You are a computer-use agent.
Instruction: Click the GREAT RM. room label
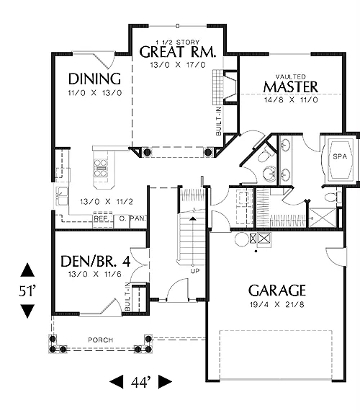pyautogui.click(x=178, y=52)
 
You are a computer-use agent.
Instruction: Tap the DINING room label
pyautogui.click(x=95, y=79)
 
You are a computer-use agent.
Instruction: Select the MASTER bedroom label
pyautogui.click(x=291, y=87)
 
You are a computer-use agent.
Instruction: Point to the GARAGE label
pyautogui.click(x=277, y=290)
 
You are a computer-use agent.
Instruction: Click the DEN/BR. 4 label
pyautogui.click(x=96, y=262)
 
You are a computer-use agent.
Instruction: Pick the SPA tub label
pyautogui.click(x=340, y=156)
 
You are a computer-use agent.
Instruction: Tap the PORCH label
pyautogui.click(x=101, y=340)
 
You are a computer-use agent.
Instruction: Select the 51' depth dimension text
pyautogui.click(x=27, y=291)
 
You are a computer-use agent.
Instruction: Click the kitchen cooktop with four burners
pyautogui.click(x=101, y=168)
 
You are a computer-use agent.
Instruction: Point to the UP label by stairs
pyautogui.click(x=195, y=271)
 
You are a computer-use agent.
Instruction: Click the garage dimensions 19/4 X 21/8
pyautogui.click(x=277, y=305)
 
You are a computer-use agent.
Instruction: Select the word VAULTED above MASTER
pyautogui.click(x=291, y=76)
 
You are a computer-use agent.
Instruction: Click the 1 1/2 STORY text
pyautogui.click(x=178, y=42)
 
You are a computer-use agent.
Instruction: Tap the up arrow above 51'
pyautogui.click(x=27, y=270)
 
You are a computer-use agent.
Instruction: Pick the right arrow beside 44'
pyautogui.click(x=165, y=382)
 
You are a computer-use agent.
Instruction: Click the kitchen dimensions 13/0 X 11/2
pyautogui.click(x=107, y=202)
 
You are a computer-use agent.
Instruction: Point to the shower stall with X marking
pyautogui.click(x=323, y=218)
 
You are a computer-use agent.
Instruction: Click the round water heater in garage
pyautogui.click(x=242, y=240)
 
